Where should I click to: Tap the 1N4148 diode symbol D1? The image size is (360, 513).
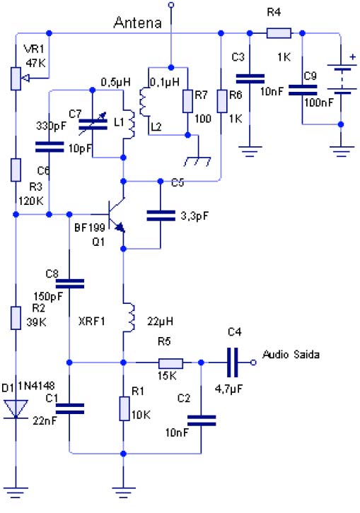tap(16, 409)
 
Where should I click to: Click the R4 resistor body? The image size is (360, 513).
tap(279, 33)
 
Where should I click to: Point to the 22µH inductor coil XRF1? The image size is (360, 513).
tap(129, 318)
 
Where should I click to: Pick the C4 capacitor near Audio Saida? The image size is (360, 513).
tap(232, 362)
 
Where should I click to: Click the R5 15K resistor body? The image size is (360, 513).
tap(170, 363)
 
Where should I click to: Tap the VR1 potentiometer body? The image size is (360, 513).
tap(16, 78)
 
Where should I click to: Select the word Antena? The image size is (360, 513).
tap(138, 23)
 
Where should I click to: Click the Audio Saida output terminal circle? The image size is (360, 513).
tap(253, 362)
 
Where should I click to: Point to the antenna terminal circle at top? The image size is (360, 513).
tap(170, 4)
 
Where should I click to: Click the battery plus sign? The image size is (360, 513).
tap(352, 57)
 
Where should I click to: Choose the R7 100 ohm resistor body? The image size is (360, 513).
tap(187, 102)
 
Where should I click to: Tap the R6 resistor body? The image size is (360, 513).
tap(222, 102)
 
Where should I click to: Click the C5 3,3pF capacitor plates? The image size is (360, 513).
tap(161, 216)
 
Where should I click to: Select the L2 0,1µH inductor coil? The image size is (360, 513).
tap(144, 102)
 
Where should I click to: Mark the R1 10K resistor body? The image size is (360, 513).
tap(124, 408)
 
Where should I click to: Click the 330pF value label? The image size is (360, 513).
tap(52, 126)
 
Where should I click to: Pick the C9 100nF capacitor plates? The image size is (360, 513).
tap(303, 90)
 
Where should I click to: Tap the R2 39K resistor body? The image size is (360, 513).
tap(16, 318)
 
